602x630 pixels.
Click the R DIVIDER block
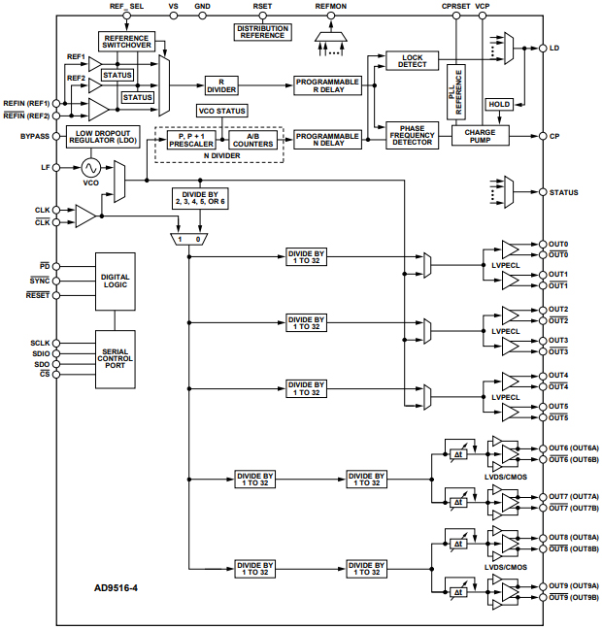click(221, 86)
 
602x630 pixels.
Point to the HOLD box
click(499, 104)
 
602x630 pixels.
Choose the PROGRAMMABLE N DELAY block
click(327, 139)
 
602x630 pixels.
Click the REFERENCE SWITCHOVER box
click(126, 43)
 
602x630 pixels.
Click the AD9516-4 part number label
click(116, 589)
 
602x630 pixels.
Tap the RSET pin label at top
click(262, 6)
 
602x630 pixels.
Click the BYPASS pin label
click(35, 136)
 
